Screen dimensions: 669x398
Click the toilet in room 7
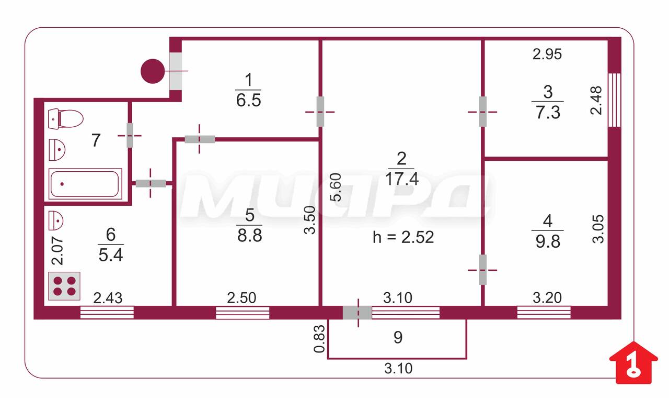pos(66,119)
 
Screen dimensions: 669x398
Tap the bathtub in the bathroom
pos(85,184)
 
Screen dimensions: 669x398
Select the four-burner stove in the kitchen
pos(64,286)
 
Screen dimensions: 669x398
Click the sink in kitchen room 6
pos(56,220)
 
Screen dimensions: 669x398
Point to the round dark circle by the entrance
pos(153,71)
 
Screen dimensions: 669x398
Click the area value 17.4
pos(402,179)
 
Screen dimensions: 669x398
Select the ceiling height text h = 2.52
pos(403,237)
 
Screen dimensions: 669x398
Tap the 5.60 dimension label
pos(336,187)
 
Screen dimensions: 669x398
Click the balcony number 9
pos(398,338)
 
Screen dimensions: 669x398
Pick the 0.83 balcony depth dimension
pos(319,339)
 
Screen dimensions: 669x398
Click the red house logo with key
pos(633,363)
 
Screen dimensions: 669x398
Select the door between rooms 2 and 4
pos(482,270)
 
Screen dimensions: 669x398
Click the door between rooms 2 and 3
pos(482,112)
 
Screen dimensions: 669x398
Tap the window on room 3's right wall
pos(614,100)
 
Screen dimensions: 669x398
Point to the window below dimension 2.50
pos(243,313)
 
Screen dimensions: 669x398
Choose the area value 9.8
pos(548,241)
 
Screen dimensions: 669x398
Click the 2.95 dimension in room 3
pos(547,54)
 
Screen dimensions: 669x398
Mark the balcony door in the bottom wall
pos(357,313)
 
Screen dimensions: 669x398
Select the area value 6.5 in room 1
pos(248,100)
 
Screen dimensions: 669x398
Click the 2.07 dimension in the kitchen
pos(57,251)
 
